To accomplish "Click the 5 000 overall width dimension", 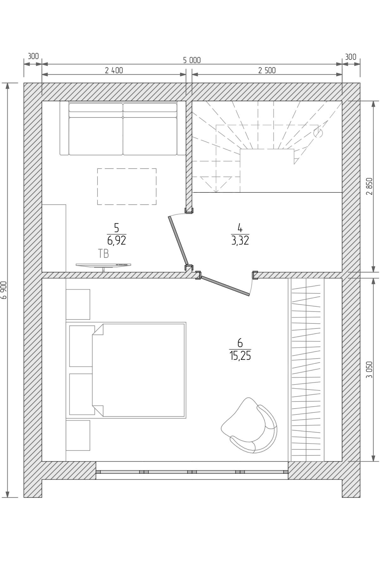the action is click(x=192, y=60).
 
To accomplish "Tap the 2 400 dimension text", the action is click(x=114, y=70).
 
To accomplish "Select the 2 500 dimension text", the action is click(x=267, y=70).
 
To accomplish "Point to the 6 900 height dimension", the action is click(x=4, y=290).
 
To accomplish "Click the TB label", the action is click(x=103, y=254).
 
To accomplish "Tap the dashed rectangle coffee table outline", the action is click(x=127, y=186).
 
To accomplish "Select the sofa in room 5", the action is click(x=123, y=128).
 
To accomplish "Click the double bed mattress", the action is click(x=139, y=370).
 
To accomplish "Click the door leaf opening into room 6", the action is click(x=225, y=286).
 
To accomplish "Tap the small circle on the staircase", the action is click(x=318, y=133).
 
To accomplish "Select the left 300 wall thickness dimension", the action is click(x=33, y=56).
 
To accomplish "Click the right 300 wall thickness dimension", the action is click(x=351, y=57).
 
